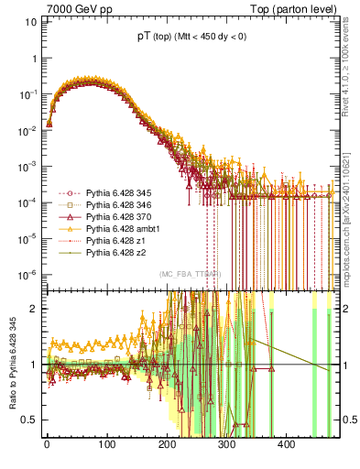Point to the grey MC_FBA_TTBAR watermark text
190,274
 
